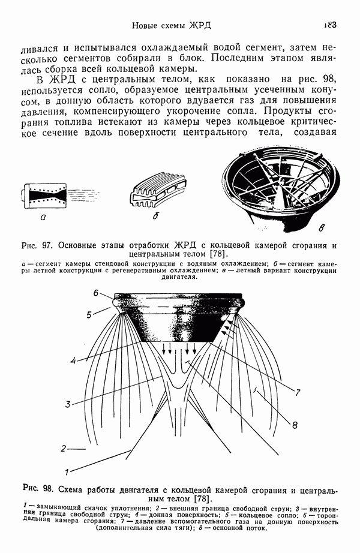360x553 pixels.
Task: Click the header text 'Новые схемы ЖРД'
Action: [172, 26]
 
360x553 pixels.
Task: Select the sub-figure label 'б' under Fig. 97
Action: [155, 217]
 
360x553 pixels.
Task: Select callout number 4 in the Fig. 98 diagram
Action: [72, 360]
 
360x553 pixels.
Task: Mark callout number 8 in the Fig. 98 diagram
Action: [295, 425]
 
